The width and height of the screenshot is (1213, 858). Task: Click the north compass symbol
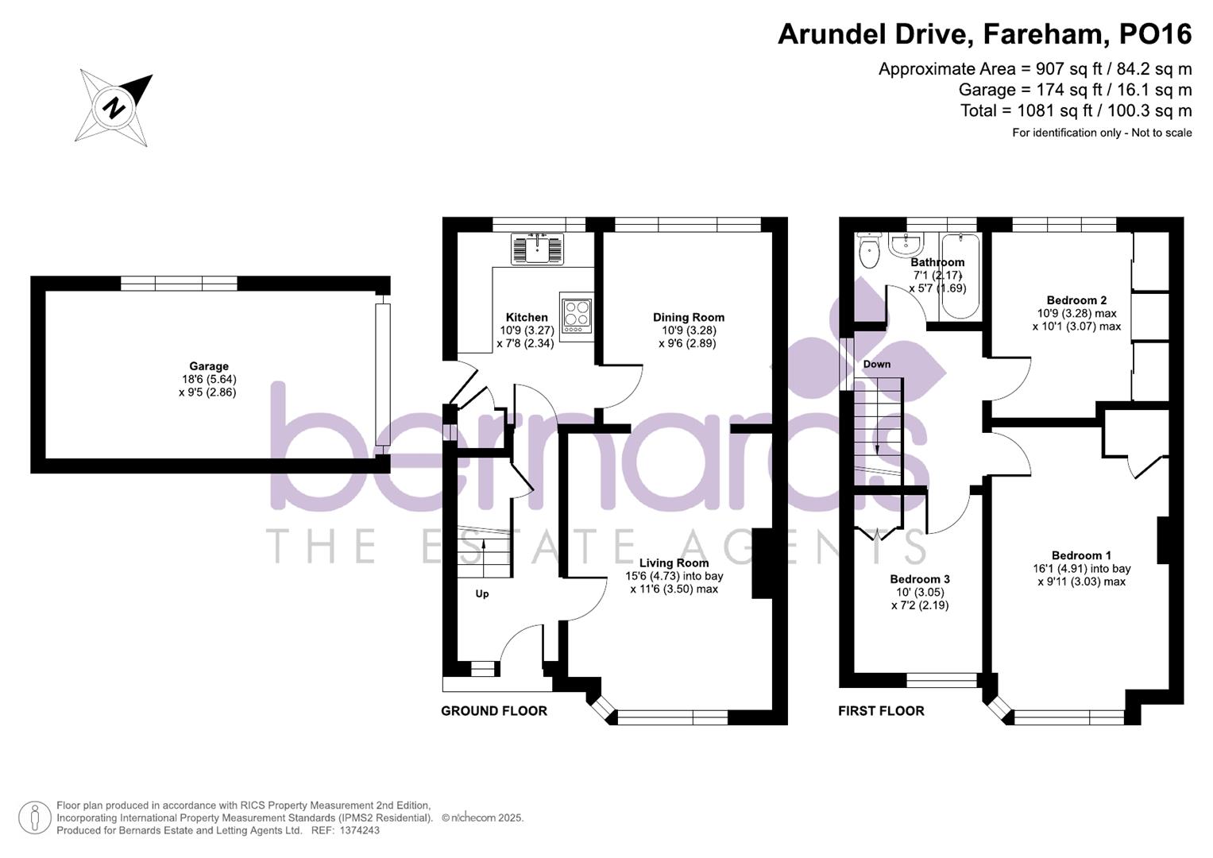(x=114, y=107)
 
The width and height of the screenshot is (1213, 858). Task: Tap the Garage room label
(x=208, y=366)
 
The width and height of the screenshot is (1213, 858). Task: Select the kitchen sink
(x=538, y=248)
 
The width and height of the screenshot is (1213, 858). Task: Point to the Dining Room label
(x=688, y=317)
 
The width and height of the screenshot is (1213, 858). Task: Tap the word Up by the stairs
(x=482, y=593)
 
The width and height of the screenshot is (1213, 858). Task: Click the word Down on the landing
(x=876, y=364)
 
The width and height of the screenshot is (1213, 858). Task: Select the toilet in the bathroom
(x=869, y=251)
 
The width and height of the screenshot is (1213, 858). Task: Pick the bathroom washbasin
(x=906, y=245)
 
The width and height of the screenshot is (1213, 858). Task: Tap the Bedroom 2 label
(x=1076, y=300)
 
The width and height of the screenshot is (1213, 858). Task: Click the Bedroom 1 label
(x=1081, y=555)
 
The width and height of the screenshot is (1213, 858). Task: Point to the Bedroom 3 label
(x=920, y=579)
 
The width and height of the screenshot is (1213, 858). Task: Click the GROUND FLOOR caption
(x=494, y=711)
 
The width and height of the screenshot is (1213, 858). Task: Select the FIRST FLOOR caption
(x=881, y=711)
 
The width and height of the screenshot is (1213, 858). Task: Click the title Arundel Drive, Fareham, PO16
(x=984, y=34)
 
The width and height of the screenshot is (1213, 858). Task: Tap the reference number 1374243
(x=359, y=830)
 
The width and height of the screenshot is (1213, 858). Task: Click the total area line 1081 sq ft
(x=1076, y=110)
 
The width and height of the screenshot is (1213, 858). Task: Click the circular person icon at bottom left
(x=35, y=817)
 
